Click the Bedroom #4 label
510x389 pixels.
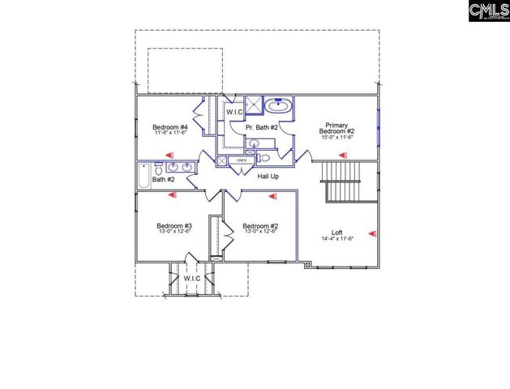click(170, 127)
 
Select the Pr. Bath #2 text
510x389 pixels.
click(262, 127)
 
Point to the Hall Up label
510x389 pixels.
click(268, 176)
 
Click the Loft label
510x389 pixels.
click(336, 232)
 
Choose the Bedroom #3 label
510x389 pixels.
click(174, 225)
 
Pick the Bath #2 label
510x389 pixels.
click(164, 180)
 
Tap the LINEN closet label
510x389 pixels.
click(242, 160)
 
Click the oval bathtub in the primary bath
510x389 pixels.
click(279, 105)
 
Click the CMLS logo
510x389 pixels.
click(489, 11)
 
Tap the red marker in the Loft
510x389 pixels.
click(372, 233)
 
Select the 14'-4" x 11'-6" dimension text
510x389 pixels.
click(336, 239)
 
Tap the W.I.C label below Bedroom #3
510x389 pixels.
click(192, 279)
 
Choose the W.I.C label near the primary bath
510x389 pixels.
click(234, 112)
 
